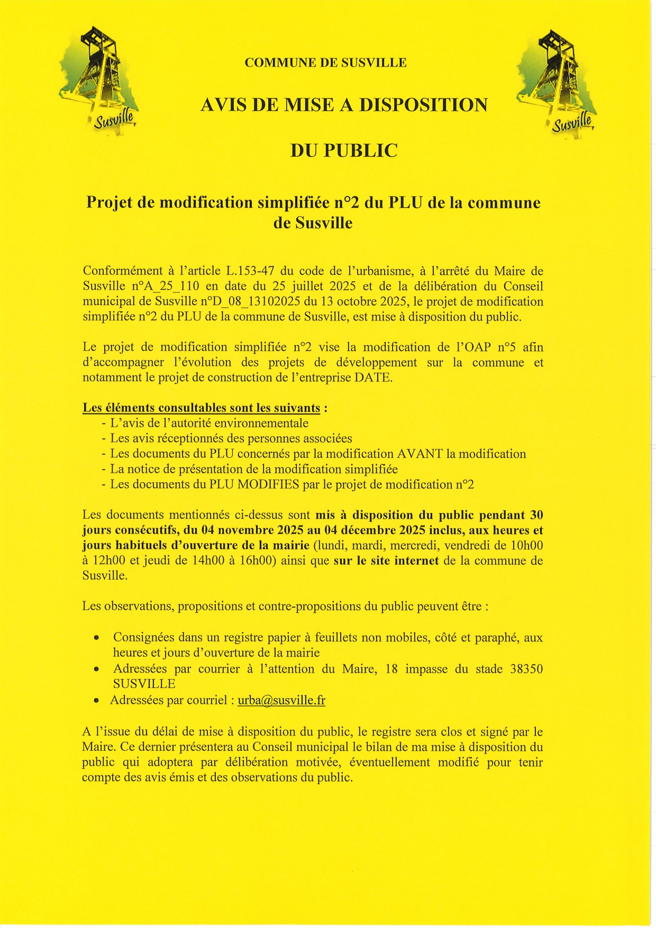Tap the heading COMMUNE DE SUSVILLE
[325, 63]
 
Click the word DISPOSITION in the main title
[423, 105]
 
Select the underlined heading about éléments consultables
[201, 408]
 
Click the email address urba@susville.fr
[281, 701]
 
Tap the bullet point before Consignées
[96, 638]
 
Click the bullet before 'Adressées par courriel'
[96, 701]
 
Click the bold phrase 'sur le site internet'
[386, 561]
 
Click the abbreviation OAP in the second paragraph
[478, 347]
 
